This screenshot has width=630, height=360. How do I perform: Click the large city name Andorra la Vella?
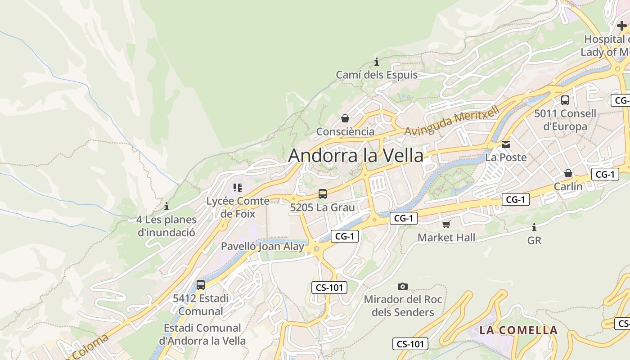[355, 156]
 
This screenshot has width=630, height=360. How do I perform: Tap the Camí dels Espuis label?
[377, 75]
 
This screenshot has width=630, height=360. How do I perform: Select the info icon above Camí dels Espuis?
[377, 62]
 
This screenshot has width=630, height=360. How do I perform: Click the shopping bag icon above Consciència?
[345, 118]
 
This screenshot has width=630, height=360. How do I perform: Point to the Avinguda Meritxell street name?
[452, 121]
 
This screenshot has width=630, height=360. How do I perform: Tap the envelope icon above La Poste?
[506, 144]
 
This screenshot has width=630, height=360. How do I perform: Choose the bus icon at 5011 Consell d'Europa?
[565, 100]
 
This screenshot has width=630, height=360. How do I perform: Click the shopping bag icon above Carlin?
[568, 173]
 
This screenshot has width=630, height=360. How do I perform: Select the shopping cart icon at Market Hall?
[446, 224]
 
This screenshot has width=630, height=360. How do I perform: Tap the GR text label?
[534, 241]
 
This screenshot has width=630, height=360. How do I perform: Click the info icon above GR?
[534, 227]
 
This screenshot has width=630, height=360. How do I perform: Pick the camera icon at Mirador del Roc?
[403, 286]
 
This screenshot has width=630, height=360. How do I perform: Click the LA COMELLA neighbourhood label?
[518, 330]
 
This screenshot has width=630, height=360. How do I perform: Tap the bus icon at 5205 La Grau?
[323, 194]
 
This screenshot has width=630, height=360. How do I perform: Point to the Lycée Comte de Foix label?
[238, 207]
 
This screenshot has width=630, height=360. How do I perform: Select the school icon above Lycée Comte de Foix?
[238, 188]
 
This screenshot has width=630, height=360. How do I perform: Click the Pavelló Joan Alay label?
[262, 246]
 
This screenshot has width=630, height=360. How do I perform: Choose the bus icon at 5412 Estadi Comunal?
[201, 284]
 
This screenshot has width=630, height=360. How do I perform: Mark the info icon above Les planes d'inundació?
[166, 206]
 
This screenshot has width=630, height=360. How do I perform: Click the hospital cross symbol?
[621, 26]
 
